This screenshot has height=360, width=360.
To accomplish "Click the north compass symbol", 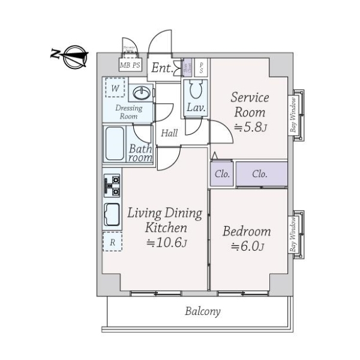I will coord(73,55).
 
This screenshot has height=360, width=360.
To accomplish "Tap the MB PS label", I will coord(131,65).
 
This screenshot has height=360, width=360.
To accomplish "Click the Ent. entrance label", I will coord(161,68).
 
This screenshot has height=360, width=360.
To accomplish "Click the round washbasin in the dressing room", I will coord(142,93).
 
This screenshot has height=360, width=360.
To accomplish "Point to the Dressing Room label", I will coord(129,112).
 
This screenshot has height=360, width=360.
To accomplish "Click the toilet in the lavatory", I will coord(196,91).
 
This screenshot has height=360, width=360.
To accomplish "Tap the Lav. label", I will coord(196,109).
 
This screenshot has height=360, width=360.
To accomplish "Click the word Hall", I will coord(169,133).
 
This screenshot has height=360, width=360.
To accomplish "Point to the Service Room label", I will coord(251,104).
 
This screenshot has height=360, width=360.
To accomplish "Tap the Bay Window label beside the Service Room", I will coord(294,115).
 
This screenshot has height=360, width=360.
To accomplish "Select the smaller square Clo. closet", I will coord(220,175).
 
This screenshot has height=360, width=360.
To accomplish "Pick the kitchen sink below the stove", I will coord(112,215).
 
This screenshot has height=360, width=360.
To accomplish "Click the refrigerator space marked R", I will coord(112,242).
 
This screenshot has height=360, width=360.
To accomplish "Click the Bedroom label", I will coord(247,232).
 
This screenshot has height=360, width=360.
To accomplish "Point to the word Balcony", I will coord(202,311).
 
